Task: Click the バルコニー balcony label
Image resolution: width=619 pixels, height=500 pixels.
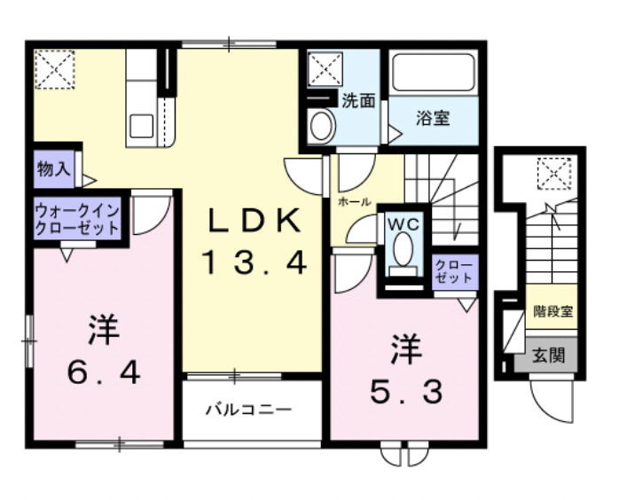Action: (249, 410)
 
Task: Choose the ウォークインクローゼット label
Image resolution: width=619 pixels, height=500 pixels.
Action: (77, 219)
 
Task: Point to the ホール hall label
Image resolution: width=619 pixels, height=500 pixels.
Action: (353, 202)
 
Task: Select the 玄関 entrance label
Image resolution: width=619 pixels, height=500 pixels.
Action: (546, 355)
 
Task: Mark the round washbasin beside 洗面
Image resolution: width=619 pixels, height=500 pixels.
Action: (321, 127)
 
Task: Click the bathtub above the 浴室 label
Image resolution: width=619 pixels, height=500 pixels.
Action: (435, 73)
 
